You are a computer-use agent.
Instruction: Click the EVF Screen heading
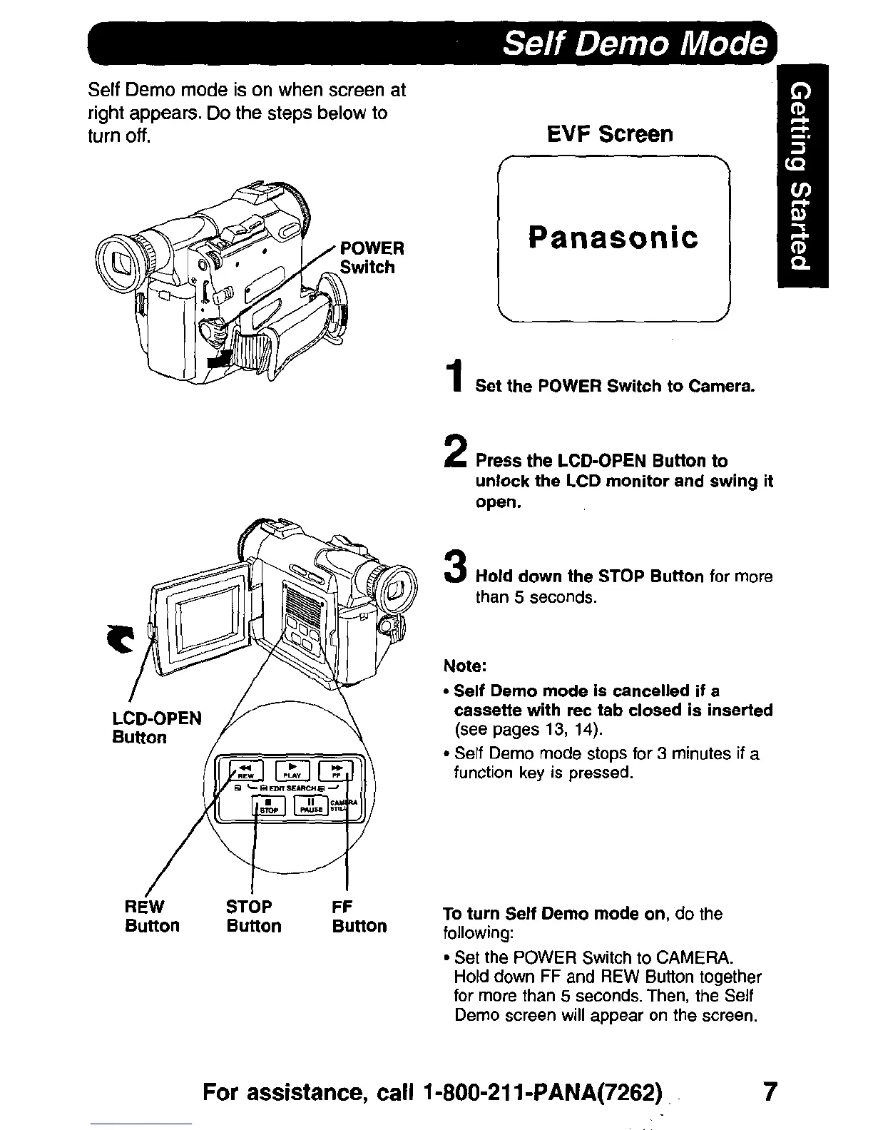[x=609, y=134]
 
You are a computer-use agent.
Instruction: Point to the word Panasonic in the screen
[x=613, y=238]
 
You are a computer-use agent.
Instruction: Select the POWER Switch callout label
[x=370, y=258]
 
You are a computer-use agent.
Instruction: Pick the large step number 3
[x=454, y=568]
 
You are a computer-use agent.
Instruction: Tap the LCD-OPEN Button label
[x=156, y=727]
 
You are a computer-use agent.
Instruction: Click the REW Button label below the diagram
[x=151, y=916]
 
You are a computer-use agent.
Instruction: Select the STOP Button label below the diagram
[x=253, y=916]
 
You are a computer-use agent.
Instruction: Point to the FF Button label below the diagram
[x=359, y=916]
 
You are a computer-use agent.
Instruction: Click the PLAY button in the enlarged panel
[x=291, y=770]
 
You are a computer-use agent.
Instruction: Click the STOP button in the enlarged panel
[x=270, y=805]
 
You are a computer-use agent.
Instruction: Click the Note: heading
[x=465, y=666]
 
